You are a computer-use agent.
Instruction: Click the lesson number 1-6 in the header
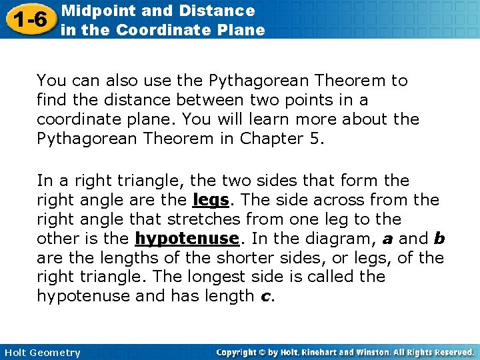pos(28,19)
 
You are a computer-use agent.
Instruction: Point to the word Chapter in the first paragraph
pos(259,139)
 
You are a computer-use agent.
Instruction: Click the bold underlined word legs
pos(210,200)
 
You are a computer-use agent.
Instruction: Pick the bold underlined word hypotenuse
pos(187,239)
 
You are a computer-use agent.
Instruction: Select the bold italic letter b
pos(439,239)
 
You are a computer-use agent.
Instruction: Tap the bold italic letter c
pos(265,297)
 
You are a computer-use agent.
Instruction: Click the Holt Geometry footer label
pos(41,353)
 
